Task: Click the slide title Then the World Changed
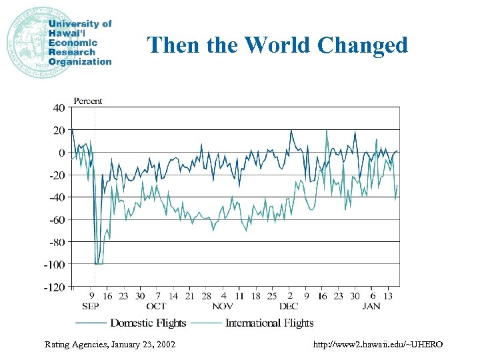277,45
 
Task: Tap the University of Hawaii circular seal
27,42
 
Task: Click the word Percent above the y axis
88,101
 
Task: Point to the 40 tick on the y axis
59,107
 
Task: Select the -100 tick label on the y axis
55,265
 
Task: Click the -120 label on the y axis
55,287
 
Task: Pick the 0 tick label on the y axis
62,153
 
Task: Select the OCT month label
156,306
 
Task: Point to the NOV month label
223,306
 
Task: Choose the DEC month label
289,306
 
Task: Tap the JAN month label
372,306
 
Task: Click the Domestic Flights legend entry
148,323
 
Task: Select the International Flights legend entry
269,323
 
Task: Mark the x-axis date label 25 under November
272,296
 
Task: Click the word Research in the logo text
73,52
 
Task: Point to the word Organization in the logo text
80,61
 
